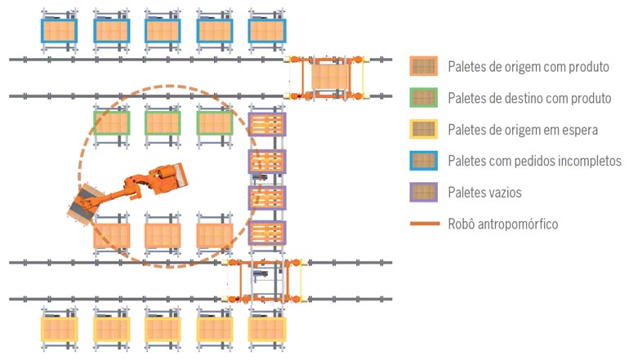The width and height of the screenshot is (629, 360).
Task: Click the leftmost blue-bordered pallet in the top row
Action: click(59, 31)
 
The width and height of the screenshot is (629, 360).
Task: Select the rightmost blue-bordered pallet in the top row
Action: click(267, 31)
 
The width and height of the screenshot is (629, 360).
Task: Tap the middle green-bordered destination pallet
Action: click(163, 123)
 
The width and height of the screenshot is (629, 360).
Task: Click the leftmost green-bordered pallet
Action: click(112, 123)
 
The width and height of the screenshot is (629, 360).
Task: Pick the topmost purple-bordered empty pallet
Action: click(267, 124)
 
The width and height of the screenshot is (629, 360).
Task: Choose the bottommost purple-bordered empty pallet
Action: click(267, 233)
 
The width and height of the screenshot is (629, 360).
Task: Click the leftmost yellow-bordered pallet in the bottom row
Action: click(60, 330)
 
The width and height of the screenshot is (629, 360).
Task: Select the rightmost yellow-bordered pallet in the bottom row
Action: click(267, 330)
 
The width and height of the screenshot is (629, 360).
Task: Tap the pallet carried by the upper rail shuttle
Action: click(331, 78)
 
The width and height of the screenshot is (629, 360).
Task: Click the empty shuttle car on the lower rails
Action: click(265, 281)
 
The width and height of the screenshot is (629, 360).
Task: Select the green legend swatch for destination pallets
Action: click(424, 98)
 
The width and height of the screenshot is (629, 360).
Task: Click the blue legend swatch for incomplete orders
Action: click(424, 161)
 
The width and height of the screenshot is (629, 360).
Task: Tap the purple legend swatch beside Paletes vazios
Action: click(424, 192)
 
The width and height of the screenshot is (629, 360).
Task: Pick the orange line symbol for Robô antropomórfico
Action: click(425, 224)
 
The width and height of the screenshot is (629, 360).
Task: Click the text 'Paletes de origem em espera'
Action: click(523, 130)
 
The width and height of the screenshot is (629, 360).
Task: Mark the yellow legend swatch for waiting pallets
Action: click(424, 129)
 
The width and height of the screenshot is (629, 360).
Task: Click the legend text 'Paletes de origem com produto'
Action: click(529, 67)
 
